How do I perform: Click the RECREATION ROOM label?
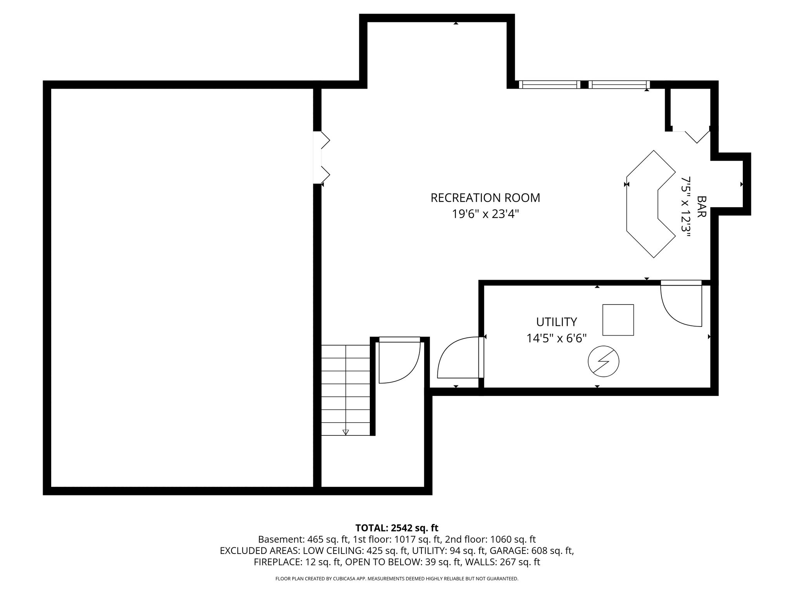[x=485, y=198]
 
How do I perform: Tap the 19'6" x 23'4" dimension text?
[x=485, y=214]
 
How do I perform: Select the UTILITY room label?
[x=556, y=322]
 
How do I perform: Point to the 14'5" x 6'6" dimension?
[x=556, y=338]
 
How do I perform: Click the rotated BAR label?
[x=701, y=206]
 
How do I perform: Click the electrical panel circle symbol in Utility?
[x=603, y=361]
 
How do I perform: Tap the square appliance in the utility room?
[x=618, y=320]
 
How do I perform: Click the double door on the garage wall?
[x=322, y=157]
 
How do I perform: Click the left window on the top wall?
[x=549, y=84]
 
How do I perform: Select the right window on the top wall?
[x=619, y=84]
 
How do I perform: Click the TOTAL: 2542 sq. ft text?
[x=397, y=528]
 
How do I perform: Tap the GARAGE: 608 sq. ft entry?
[x=532, y=550]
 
